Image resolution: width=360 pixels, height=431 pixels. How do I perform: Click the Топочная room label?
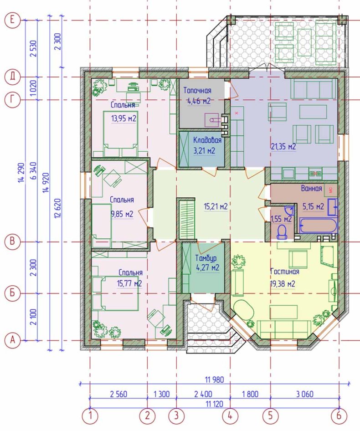[x=197, y=90]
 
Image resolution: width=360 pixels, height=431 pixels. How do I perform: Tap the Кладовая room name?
[x=207, y=140]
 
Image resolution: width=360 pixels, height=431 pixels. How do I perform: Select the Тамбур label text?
[x=206, y=258]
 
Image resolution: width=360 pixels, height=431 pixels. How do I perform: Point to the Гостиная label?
[x=285, y=272]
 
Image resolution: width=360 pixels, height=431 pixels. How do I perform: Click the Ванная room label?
[x=311, y=188]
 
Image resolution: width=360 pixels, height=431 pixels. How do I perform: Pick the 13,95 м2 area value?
[x=124, y=118]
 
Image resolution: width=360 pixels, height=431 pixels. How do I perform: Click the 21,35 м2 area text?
[x=283, y=147]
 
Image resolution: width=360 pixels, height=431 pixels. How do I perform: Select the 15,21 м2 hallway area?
[x=216, y=206]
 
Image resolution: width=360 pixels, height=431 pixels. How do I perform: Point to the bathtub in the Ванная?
[x=318, y=226]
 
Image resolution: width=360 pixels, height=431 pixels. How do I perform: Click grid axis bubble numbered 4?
[x=230, y=416]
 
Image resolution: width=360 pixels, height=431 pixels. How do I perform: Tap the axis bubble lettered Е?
[x=13, y=20]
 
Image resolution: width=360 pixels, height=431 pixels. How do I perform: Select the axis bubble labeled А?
[x=13, y=340]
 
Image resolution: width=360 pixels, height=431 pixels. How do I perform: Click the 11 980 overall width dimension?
[x=215, y=380]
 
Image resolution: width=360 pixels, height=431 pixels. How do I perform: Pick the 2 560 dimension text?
[x=118, y=394]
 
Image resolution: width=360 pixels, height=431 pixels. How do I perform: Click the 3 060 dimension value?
[x=305, y=394]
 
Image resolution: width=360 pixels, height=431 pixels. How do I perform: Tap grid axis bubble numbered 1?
[x=90, y=416]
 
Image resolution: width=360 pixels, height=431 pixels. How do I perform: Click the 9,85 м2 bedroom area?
[x=122, y=214]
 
